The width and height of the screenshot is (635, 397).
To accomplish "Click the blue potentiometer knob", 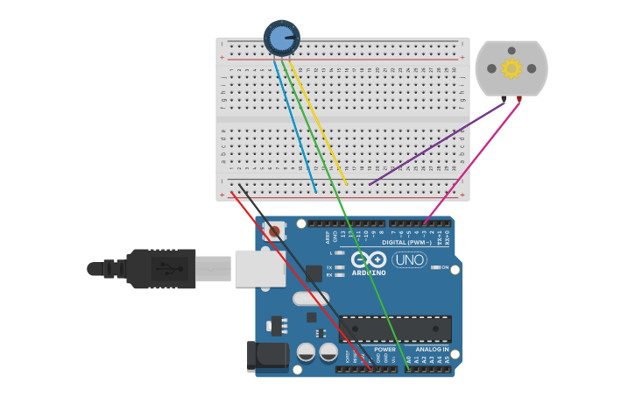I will [281, 38].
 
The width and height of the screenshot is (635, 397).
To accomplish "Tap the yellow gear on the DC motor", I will [511, 67].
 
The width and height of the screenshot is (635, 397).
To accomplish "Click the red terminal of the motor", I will [519, 99].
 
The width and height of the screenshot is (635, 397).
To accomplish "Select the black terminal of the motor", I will [504, 100].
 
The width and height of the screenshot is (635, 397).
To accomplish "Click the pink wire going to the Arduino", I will [473, 158].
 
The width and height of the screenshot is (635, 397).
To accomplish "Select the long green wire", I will [350, 219].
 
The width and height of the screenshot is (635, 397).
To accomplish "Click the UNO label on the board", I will [409, 260].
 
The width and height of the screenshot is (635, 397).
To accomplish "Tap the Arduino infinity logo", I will [369, 259].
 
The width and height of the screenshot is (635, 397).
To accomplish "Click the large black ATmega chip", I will [395, 329].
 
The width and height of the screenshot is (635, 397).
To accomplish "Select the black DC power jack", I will [266, 356].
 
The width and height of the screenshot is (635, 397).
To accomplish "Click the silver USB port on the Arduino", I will [260, 268].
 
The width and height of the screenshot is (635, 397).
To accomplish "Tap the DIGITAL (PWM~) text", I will [405, 242].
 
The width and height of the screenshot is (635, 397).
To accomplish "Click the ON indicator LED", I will [435, 267].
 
